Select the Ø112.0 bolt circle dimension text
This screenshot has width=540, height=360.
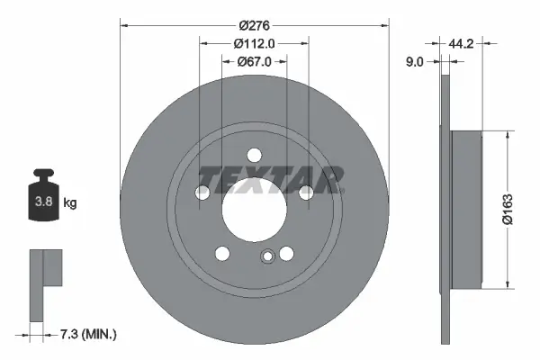coord(253,43)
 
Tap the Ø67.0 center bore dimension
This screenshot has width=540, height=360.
coord(255,61)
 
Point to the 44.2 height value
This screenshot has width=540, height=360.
coord(463,42)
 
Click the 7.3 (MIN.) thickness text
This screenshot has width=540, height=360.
coord(87,335)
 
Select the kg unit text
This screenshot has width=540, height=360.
coord(70,203)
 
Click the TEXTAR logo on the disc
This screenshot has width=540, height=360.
coord(271,179)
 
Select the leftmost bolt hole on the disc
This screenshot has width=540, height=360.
coord(203,192)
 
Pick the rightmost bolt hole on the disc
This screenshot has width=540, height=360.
coord(306,192)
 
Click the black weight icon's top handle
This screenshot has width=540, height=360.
coord(42,175)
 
